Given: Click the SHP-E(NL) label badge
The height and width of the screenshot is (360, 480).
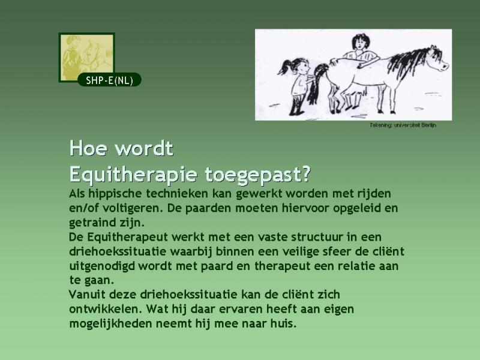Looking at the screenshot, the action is pos(109,80).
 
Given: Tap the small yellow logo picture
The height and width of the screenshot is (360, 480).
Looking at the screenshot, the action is pos(86,57).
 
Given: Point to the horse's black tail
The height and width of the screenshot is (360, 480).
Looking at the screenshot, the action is pos(316,83).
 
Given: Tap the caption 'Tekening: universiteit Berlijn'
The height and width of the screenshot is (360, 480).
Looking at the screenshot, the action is pos(403,125).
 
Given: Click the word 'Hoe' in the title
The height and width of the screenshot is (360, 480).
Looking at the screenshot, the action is pos(88,148).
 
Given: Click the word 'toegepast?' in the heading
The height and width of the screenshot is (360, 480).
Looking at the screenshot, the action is pos(257,175).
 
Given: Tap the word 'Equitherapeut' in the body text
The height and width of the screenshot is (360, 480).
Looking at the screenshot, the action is pos(127,238).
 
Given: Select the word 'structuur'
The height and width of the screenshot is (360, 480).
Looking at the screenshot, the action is pos(317,237).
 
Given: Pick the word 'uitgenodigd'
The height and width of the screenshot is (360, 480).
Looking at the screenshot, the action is pos(102,266).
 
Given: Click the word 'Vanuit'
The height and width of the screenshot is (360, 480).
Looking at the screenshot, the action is pos(87,295).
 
